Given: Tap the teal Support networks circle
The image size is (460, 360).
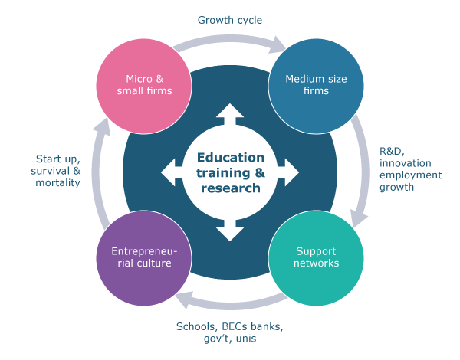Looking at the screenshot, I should pyautogui.click(x=317, y=257).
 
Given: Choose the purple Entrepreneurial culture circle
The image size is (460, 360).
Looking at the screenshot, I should pyautogui.click(x=143, y=257).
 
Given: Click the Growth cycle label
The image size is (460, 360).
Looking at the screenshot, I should pyautogui.click(x=229, y=19).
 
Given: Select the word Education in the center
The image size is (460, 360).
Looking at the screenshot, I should pyautogui.click(x=229, y=158).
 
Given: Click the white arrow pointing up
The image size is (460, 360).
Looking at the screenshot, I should pyautogui.click(x=229, y=115).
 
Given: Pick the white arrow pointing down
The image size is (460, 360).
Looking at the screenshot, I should pyautogui.click(x=229, y=229).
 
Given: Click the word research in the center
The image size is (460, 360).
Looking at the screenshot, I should pyautogui.click(x=229, y=188).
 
